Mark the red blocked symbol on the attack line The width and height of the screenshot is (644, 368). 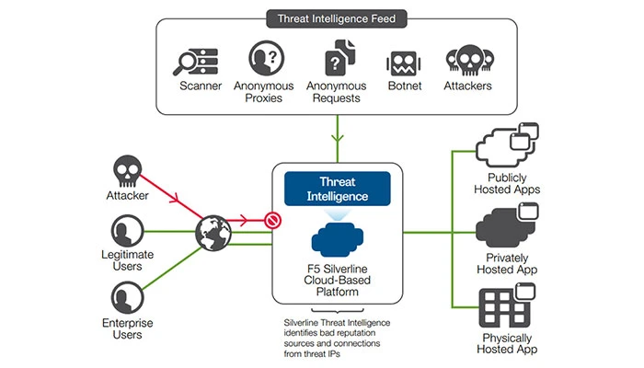[x=272, y=221]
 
